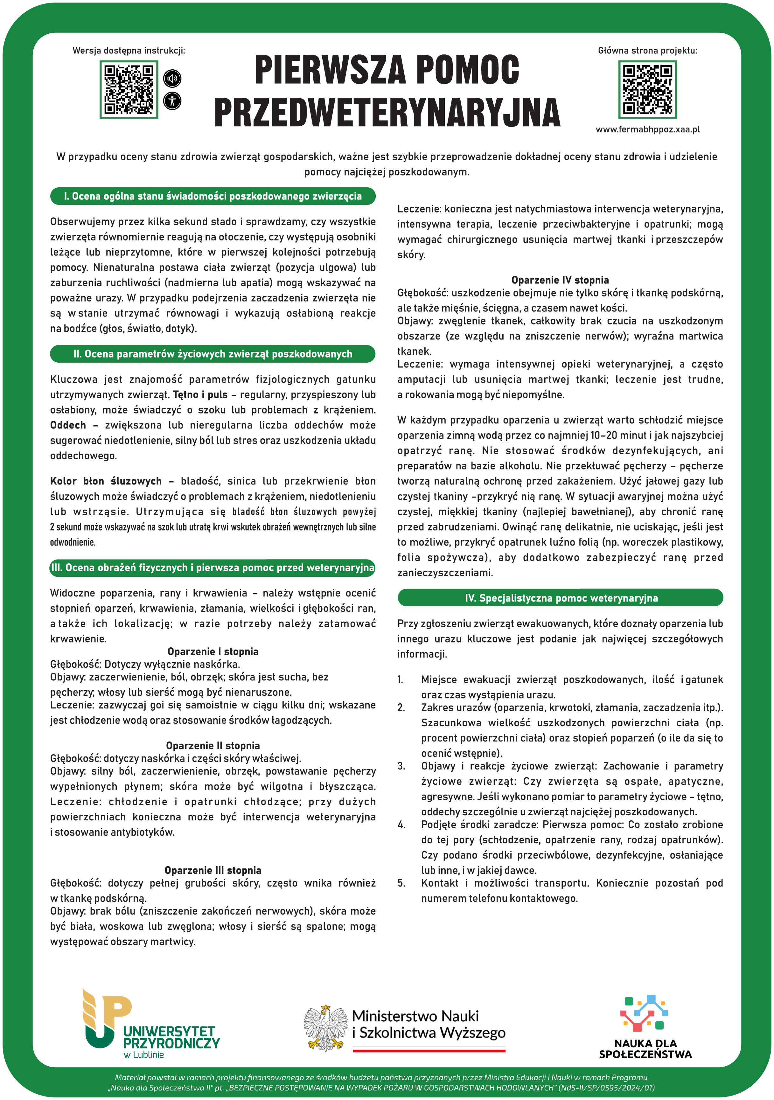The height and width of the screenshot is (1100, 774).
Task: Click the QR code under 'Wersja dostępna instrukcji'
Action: click(129, 90)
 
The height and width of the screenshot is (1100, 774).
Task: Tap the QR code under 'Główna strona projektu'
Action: click(647, 90)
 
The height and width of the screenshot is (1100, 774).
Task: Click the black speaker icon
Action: click(172, 78)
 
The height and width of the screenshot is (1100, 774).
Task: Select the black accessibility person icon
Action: click(172, 101)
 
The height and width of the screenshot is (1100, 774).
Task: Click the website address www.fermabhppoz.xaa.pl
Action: click(647, 129)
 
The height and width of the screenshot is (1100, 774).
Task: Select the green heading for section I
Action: click(213, 196)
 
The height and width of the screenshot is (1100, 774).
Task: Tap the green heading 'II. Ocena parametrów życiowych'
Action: click(213, 354)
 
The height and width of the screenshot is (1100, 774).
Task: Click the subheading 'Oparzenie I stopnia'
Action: click(213, 651)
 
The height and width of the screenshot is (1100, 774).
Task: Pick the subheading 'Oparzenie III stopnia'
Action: click(213, 871)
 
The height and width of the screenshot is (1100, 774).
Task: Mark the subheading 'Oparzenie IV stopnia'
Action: click(560, 280)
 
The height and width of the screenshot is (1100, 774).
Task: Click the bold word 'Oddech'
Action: click(68, 425)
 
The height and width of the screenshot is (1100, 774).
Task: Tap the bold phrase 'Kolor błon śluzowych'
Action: click(106, 481)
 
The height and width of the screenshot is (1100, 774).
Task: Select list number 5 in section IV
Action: click(401, 883)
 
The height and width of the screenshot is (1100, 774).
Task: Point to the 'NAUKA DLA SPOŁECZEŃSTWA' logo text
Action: click(645, 1049)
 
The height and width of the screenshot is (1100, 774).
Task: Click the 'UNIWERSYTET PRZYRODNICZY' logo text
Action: click(171, 1037)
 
